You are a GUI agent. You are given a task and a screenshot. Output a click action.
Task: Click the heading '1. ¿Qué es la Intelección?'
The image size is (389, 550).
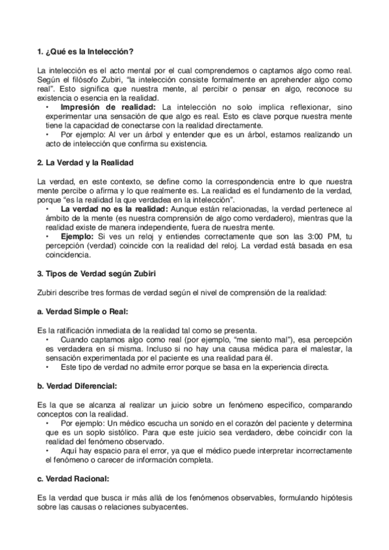pyautogui.click(x=86, y=51)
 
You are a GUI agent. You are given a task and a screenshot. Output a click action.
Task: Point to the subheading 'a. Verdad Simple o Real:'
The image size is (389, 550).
pyautogui.click(x=80, y=311)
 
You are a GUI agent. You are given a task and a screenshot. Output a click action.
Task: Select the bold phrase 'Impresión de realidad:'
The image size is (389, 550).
pyautogui.click(x=108, y=106)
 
